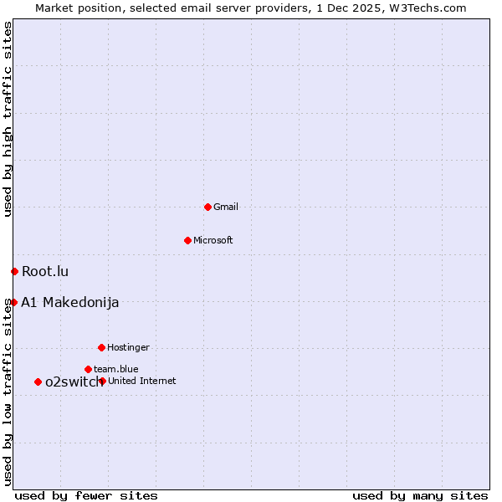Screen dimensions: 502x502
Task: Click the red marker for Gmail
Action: tap(207, 207)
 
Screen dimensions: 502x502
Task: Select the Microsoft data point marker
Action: tap(187, 240)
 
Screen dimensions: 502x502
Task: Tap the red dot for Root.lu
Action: tap(14, 271)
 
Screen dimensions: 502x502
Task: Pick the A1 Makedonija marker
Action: tap(13, 302)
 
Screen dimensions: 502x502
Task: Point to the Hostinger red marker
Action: tap(101, 347)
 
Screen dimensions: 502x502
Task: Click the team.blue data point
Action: tap(88, 369)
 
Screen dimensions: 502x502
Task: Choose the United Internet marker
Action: tap(102, 381)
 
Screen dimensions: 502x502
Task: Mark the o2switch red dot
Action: tap(38, 382)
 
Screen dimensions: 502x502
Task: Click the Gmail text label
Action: tap(226, 207)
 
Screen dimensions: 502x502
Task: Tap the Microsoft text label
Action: tap(213, 240)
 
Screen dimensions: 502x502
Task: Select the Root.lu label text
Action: tap(45, 271)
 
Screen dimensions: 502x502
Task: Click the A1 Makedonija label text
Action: tap(69, 302)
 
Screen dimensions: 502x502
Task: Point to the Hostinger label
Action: tap(128, 347)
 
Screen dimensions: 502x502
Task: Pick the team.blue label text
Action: tap(116, 369)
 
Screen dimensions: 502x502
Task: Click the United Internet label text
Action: tap(142, 381)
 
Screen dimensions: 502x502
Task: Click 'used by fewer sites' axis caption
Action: tap(86, 495)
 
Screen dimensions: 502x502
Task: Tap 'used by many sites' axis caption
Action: tap(420, 495)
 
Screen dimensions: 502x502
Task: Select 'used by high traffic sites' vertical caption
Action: tap(8, 119)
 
